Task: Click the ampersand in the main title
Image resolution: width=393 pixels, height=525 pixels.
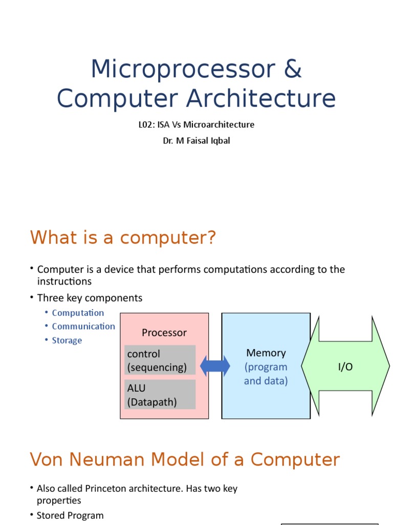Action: [292, 69]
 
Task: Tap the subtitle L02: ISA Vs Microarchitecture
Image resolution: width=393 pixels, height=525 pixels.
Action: [196, 125]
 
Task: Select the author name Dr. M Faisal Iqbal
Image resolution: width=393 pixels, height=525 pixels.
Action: [196, 140]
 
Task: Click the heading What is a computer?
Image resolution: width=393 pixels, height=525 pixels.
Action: [123, 238]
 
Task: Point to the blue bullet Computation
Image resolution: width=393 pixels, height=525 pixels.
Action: [78, 313]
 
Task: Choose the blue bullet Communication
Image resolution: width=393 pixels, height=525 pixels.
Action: [83, 326]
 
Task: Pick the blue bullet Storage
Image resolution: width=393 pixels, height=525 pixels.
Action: [67, 340]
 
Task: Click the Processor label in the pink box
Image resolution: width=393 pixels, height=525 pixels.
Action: [164, 333]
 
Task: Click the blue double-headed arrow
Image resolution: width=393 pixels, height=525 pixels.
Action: [215, 366]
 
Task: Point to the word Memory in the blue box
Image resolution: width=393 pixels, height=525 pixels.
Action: [266, 353]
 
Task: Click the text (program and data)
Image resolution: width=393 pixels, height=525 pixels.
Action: [266, 374]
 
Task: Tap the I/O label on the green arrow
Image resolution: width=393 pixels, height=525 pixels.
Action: [345, 367]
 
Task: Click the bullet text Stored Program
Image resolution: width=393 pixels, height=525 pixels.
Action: [70, 515]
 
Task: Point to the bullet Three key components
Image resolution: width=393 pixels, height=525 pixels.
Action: [90, 298]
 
